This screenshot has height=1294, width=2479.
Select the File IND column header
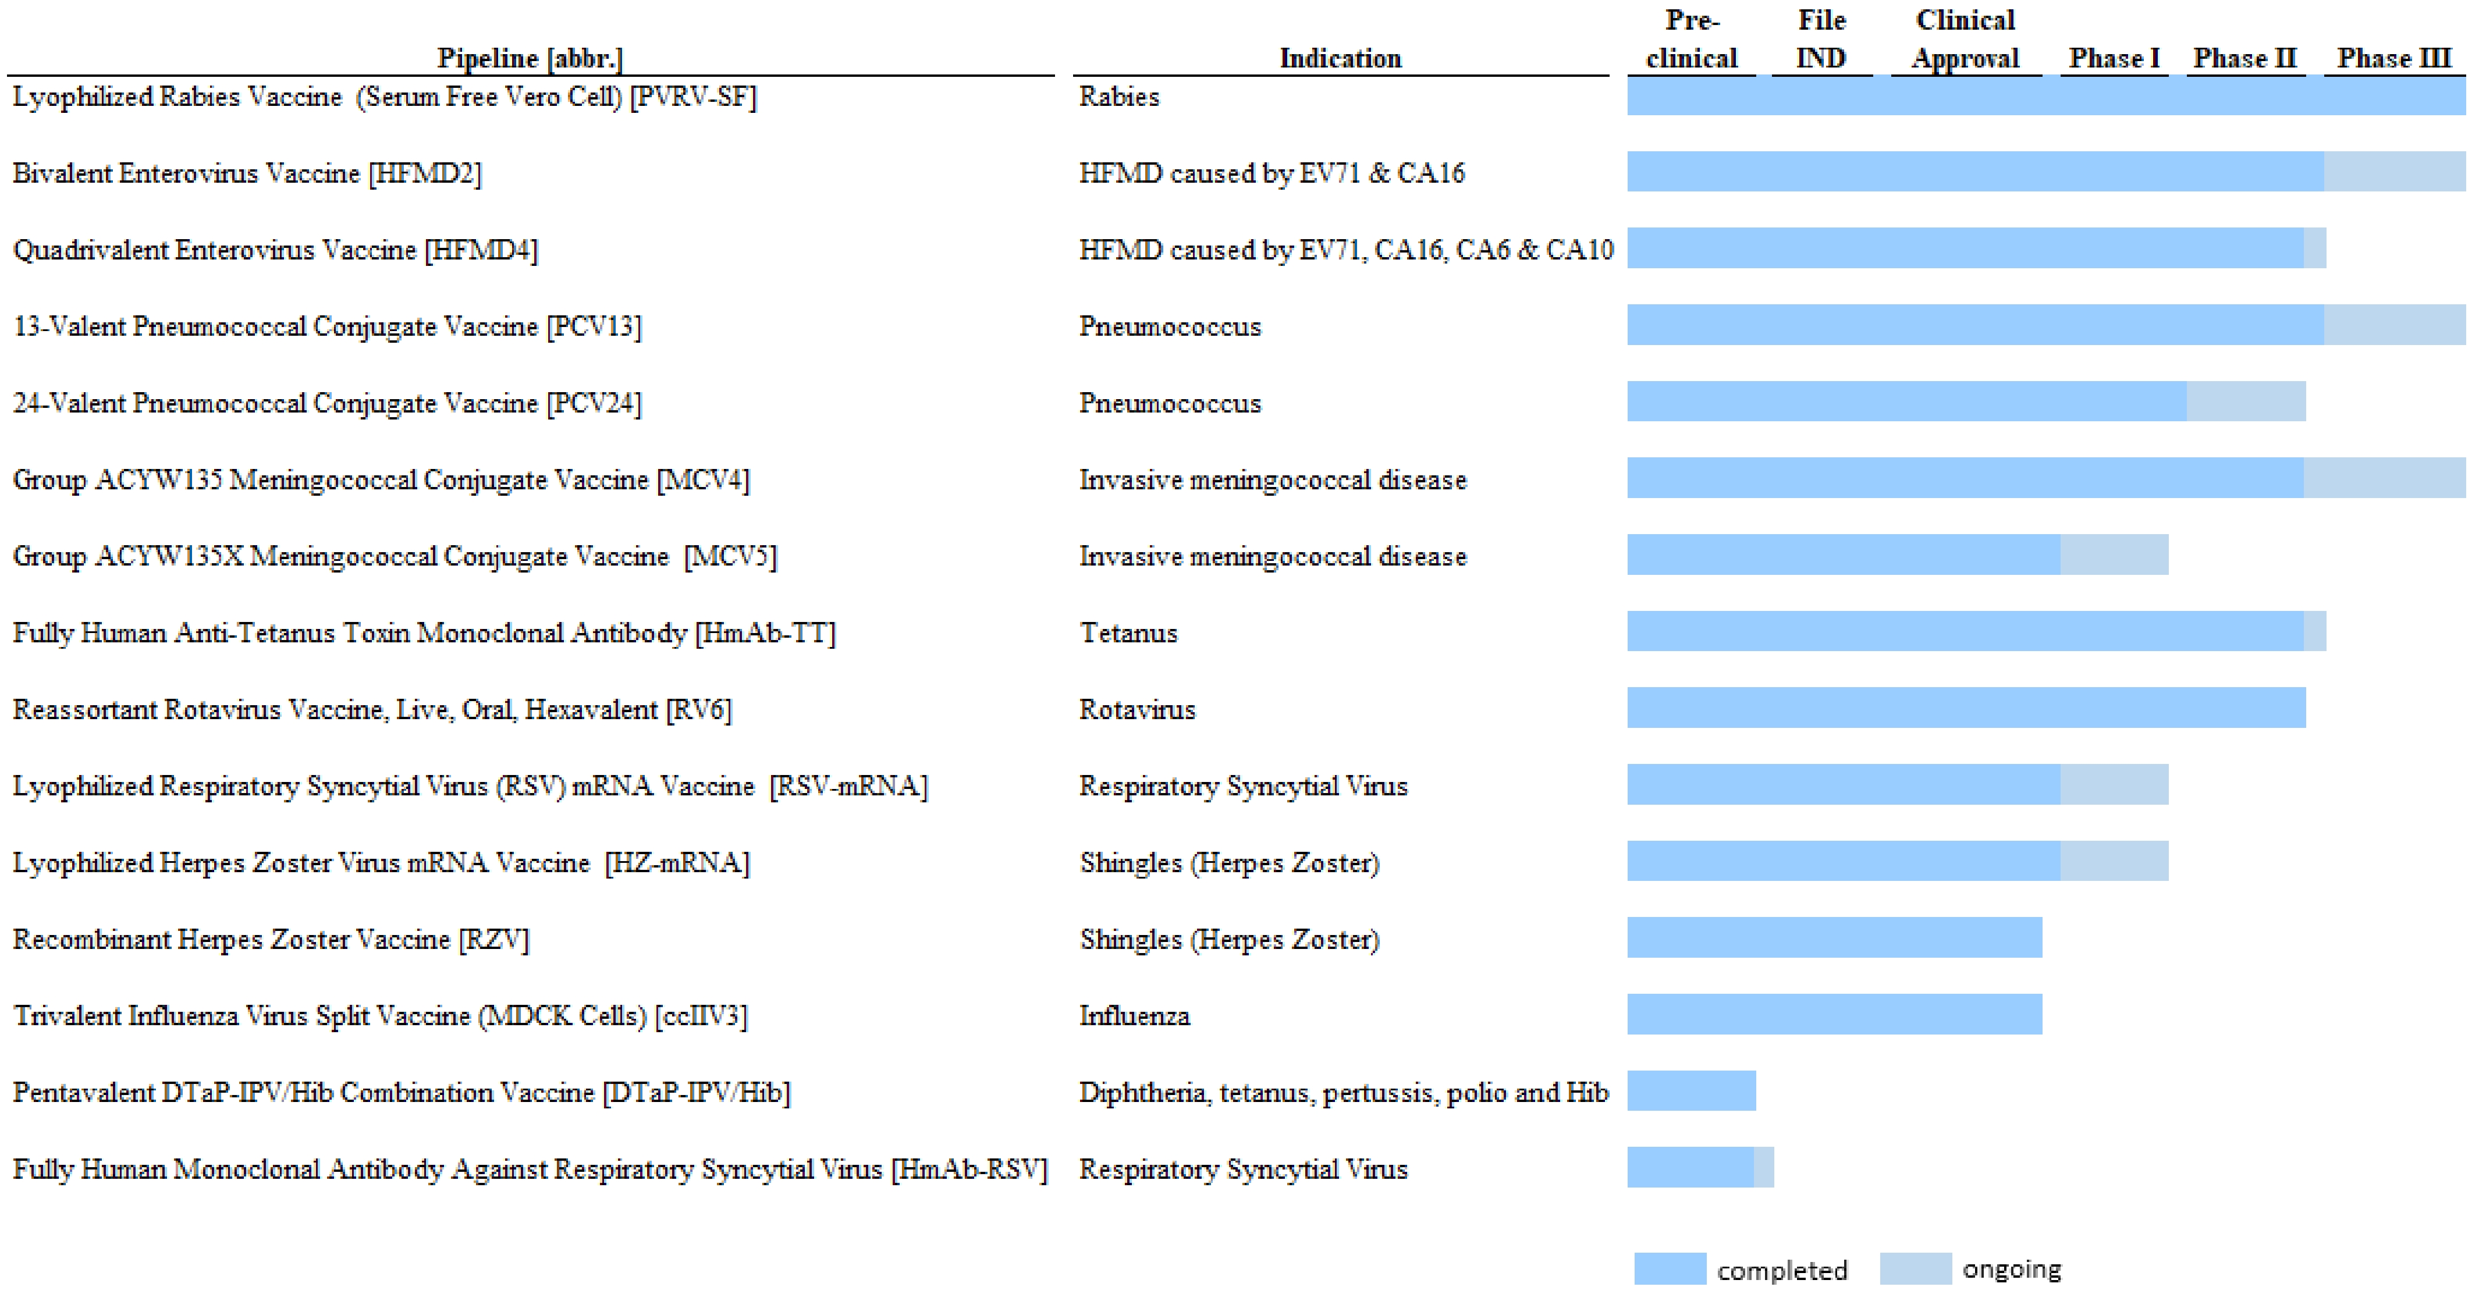coord(1822,38)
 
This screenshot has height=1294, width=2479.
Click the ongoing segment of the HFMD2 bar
coord(2394,171)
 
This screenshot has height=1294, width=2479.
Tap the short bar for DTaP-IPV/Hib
coord(1691,1090)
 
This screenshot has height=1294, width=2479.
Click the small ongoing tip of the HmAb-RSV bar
coord(1763,1167)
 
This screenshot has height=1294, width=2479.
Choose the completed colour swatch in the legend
coord(1670,1268)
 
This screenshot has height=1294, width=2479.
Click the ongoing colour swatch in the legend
coord(1915,1268)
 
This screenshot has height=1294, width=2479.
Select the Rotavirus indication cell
coord(1136,710)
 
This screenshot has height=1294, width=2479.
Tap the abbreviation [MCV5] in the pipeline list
coord(730,557)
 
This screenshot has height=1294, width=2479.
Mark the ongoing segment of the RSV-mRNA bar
coord(2114,784)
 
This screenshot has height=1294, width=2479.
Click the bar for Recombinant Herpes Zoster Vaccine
coord(1834,937)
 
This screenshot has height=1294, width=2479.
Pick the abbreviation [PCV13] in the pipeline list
coord(594,327)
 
